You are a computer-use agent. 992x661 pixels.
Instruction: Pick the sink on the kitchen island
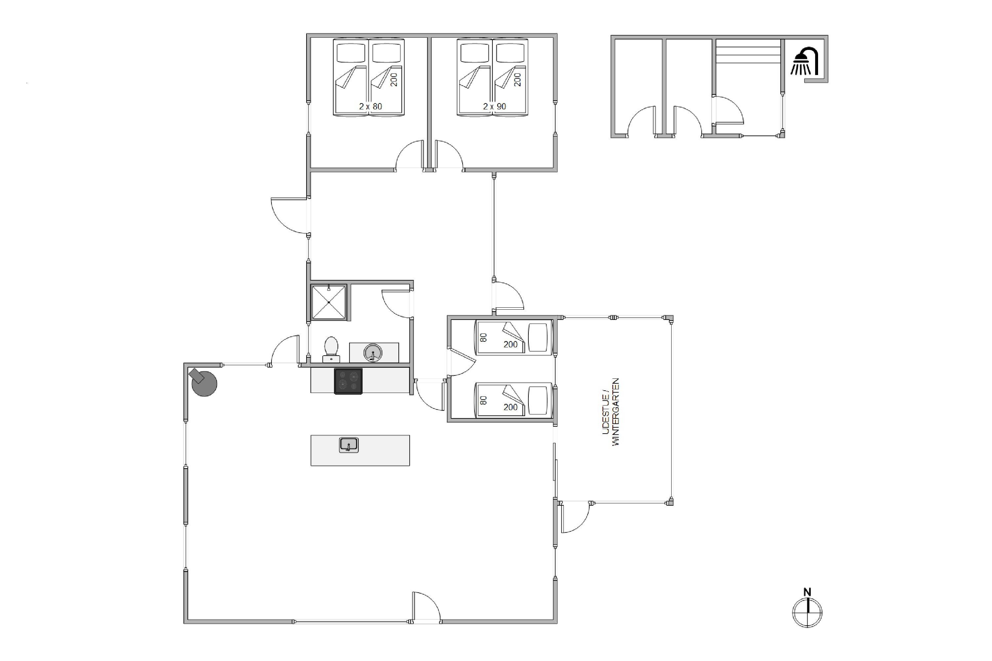tap(349, 445)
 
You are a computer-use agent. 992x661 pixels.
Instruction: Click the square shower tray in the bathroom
tap(329, 302)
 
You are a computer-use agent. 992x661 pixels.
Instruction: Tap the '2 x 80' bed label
tap(370, 107)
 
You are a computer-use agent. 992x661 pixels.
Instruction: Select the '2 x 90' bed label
tap(494, 107)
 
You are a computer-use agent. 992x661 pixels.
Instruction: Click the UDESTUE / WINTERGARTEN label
tap(611, 412)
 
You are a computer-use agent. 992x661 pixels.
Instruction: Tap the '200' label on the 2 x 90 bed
tap(517, 80)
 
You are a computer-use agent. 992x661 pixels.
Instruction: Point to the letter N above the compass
tap(807, 592)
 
